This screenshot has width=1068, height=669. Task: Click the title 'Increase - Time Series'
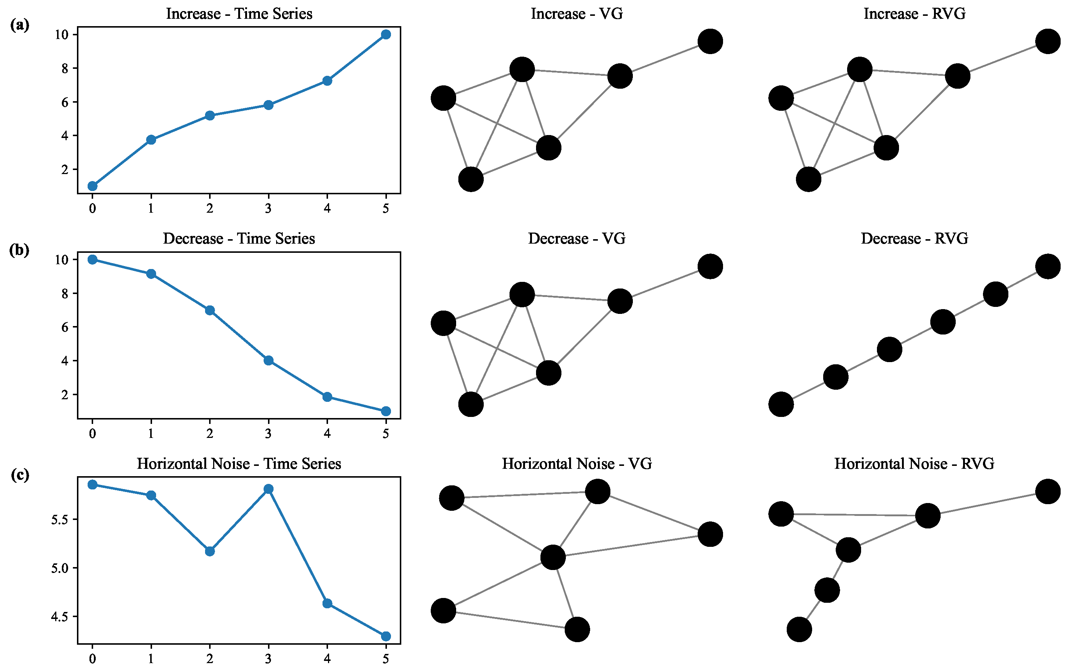pos(239,14)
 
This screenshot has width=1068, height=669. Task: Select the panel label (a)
pos(20,25)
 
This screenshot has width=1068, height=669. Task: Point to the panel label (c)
pos(20,475)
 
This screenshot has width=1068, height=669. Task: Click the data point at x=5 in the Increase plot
pos(385,35)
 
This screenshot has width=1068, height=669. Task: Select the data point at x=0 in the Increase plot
pos(92,186)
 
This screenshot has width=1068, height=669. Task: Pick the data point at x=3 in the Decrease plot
pos(268,361)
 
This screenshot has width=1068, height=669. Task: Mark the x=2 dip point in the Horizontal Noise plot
pos(210,551)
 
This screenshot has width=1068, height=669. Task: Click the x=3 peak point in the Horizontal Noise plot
pos(268,489)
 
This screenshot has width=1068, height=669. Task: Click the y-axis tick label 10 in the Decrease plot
pos(62,260)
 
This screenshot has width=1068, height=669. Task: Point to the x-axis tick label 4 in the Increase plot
pos(327,208)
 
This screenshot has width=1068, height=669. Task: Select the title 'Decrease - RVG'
pos(914,239)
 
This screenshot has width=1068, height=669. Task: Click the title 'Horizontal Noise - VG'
pos(577,464)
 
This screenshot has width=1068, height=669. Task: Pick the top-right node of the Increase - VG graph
pos(710,42)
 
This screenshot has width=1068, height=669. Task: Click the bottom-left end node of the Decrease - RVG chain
pos(781,404)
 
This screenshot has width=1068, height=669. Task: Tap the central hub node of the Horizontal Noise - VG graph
pos(553,557)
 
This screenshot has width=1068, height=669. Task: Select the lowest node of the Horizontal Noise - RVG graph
pos(799,629)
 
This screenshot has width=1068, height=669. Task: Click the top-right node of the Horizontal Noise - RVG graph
pos(1048,491)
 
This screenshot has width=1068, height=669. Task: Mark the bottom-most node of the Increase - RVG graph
pos(808,179)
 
